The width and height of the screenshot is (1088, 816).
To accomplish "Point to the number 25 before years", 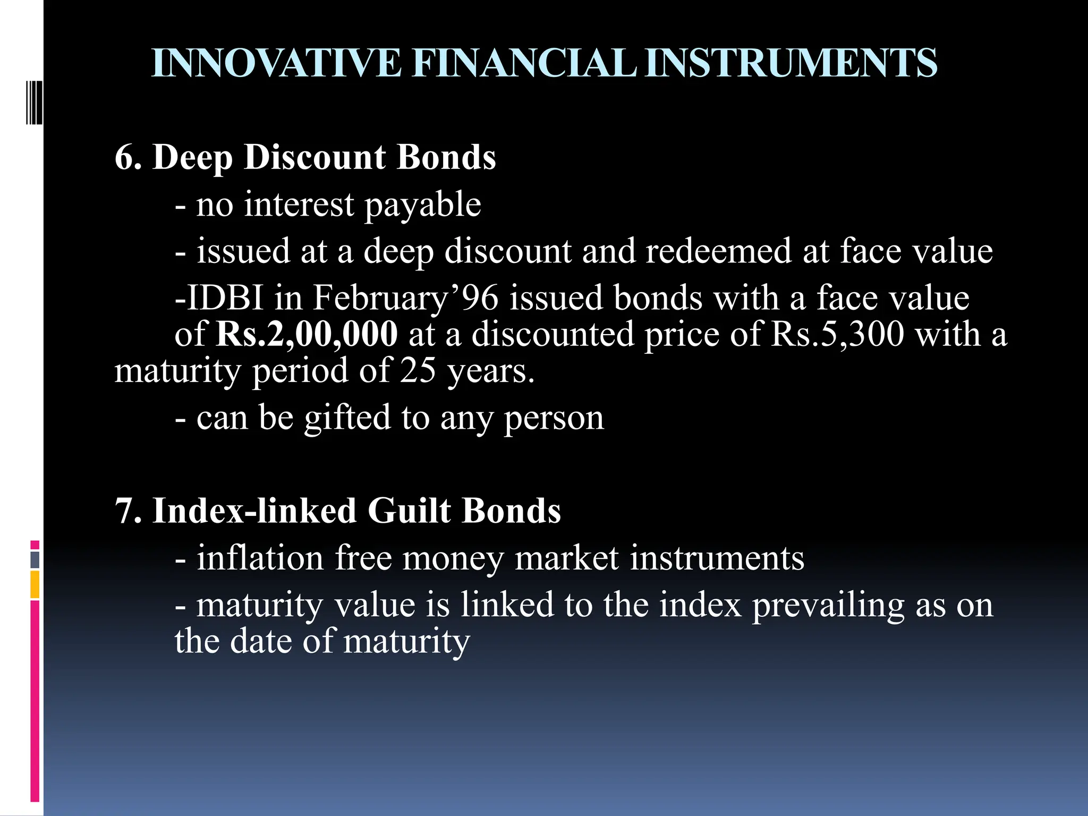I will click(418, 371).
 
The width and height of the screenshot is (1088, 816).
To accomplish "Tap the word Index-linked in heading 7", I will click(254, 512).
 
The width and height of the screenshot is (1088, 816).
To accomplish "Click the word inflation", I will click(260, 558).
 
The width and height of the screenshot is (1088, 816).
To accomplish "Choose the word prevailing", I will click(828, 606).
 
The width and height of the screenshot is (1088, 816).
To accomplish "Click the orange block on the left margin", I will click(35, 584).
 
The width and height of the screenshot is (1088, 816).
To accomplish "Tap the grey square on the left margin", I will click(35, 560).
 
